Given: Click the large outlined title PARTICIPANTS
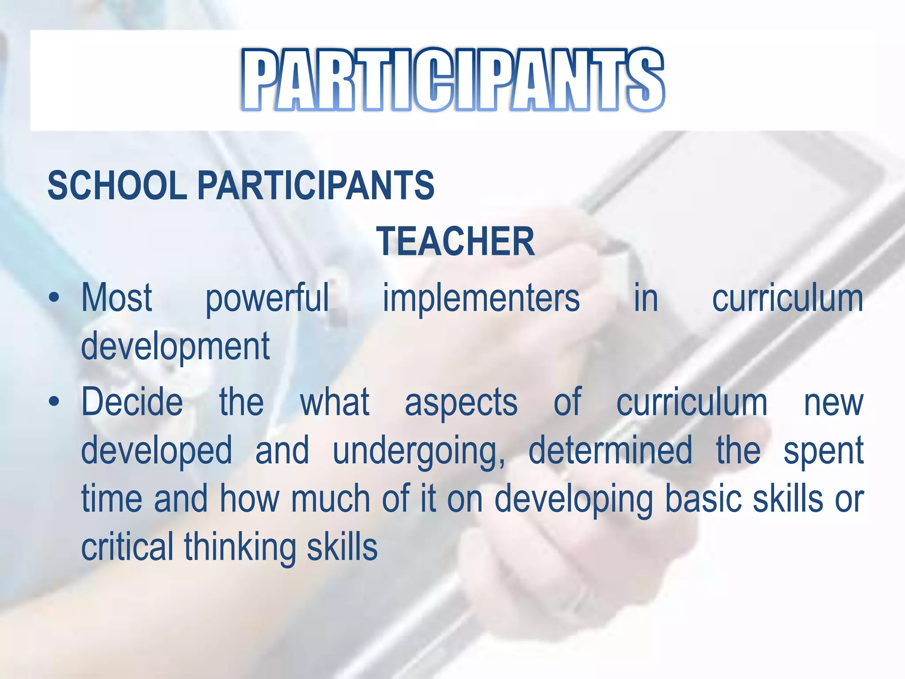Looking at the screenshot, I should click(x=452, y=80).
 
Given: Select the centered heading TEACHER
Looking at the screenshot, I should click(x=455, y=241).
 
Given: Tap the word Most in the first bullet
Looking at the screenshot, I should click(x=117, y=298).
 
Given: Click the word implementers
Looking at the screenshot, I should click(x=481, y=298).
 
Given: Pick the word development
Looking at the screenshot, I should click(x=175, y=347).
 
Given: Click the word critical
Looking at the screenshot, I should click(x=127, y=547).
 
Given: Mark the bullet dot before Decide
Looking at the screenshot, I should click(x=54, y=402).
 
